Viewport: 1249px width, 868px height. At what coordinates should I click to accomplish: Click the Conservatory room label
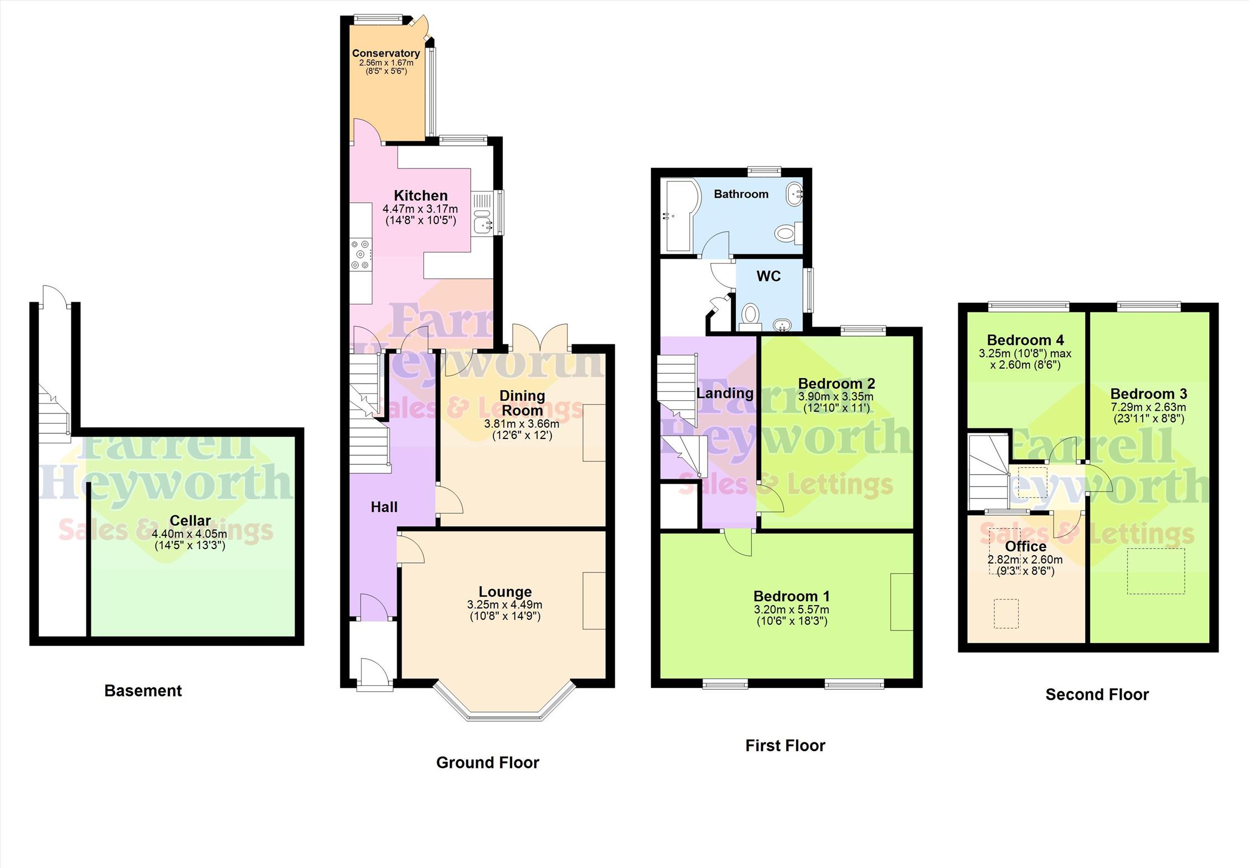click(386, 53)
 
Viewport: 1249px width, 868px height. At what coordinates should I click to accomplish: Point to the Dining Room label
click(522, 403)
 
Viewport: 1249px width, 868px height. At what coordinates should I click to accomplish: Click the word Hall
click(384, 507)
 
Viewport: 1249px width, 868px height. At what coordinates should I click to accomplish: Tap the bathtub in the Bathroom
click(682, 215)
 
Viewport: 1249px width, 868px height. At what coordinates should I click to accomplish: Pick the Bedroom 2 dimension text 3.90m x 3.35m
click(836, 397)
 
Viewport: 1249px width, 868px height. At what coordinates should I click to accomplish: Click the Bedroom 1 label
click(792, 596)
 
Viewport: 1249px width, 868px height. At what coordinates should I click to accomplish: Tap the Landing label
click(725, 394)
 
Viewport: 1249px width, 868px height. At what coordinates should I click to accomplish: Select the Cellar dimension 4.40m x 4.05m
click(190, 534)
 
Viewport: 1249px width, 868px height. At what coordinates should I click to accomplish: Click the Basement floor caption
click(143, 691)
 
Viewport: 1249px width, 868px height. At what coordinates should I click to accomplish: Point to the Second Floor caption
click(1097, 695)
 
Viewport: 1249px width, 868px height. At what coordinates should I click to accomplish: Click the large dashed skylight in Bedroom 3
click(1156, 571)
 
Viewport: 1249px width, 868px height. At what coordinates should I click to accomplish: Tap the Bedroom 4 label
click(1025, 340)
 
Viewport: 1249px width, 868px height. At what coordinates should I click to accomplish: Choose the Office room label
click(1025, 546)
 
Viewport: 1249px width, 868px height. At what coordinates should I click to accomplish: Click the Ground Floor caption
click(487, 763)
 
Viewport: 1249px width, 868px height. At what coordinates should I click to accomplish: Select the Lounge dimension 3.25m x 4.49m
click(505, 605)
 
